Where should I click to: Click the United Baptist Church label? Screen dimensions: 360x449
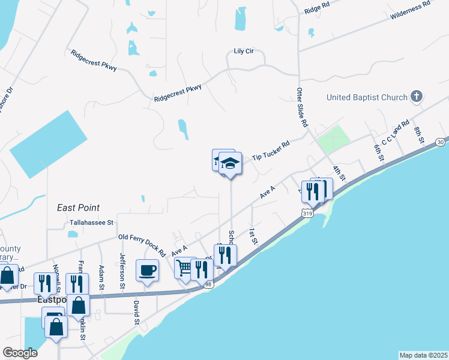click(367, 97)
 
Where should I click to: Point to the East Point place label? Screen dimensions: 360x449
click(78, 208)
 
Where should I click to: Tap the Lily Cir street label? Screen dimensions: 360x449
click(244, 51)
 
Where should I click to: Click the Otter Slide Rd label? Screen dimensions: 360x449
click(302, 109)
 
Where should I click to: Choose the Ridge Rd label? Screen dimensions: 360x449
click(317, 10)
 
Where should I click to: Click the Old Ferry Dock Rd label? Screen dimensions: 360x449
click(142, 238)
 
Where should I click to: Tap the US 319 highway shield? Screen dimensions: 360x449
click(308, 212)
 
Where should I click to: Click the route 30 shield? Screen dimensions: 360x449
click(441, 142)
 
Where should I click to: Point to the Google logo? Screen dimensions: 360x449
click(20, 353)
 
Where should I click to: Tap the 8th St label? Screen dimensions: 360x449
click(418, 134)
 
